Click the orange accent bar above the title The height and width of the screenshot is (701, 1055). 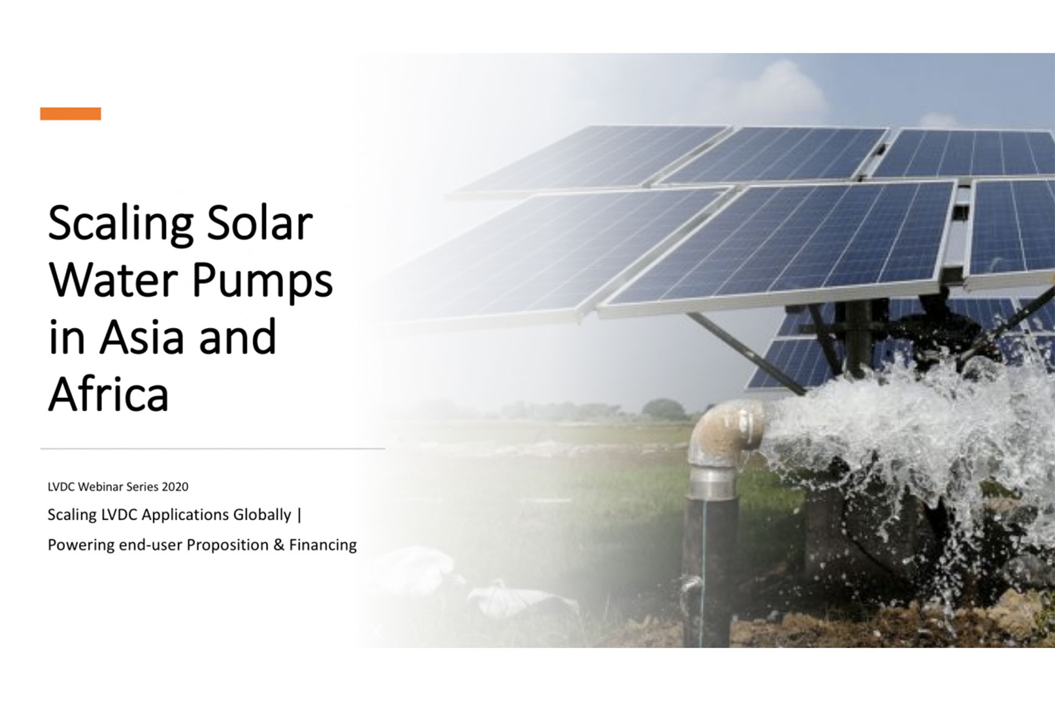point(71,114)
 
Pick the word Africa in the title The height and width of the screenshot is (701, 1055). point(108,394)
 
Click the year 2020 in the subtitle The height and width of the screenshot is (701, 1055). point(175,487)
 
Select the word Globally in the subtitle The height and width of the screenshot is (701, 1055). point(263,515)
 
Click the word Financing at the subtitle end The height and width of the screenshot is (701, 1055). point(322,545)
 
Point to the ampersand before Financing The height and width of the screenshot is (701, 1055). point(279,545)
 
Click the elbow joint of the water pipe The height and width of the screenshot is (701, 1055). point(727,429)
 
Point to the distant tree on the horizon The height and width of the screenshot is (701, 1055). point(663,409)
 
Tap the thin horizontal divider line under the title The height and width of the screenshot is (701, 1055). point(212,448)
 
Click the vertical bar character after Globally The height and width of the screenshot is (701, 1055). point(299,515)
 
